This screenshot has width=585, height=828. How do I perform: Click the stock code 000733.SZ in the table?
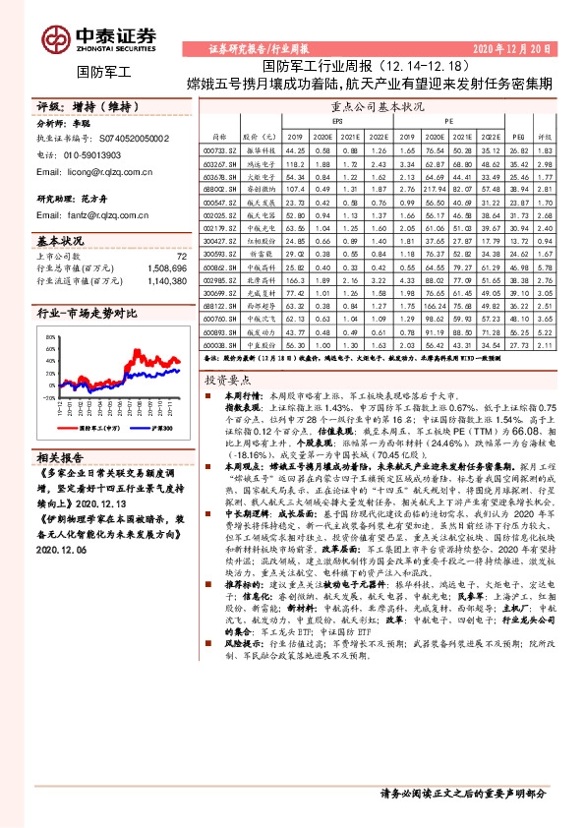[220, 149]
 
